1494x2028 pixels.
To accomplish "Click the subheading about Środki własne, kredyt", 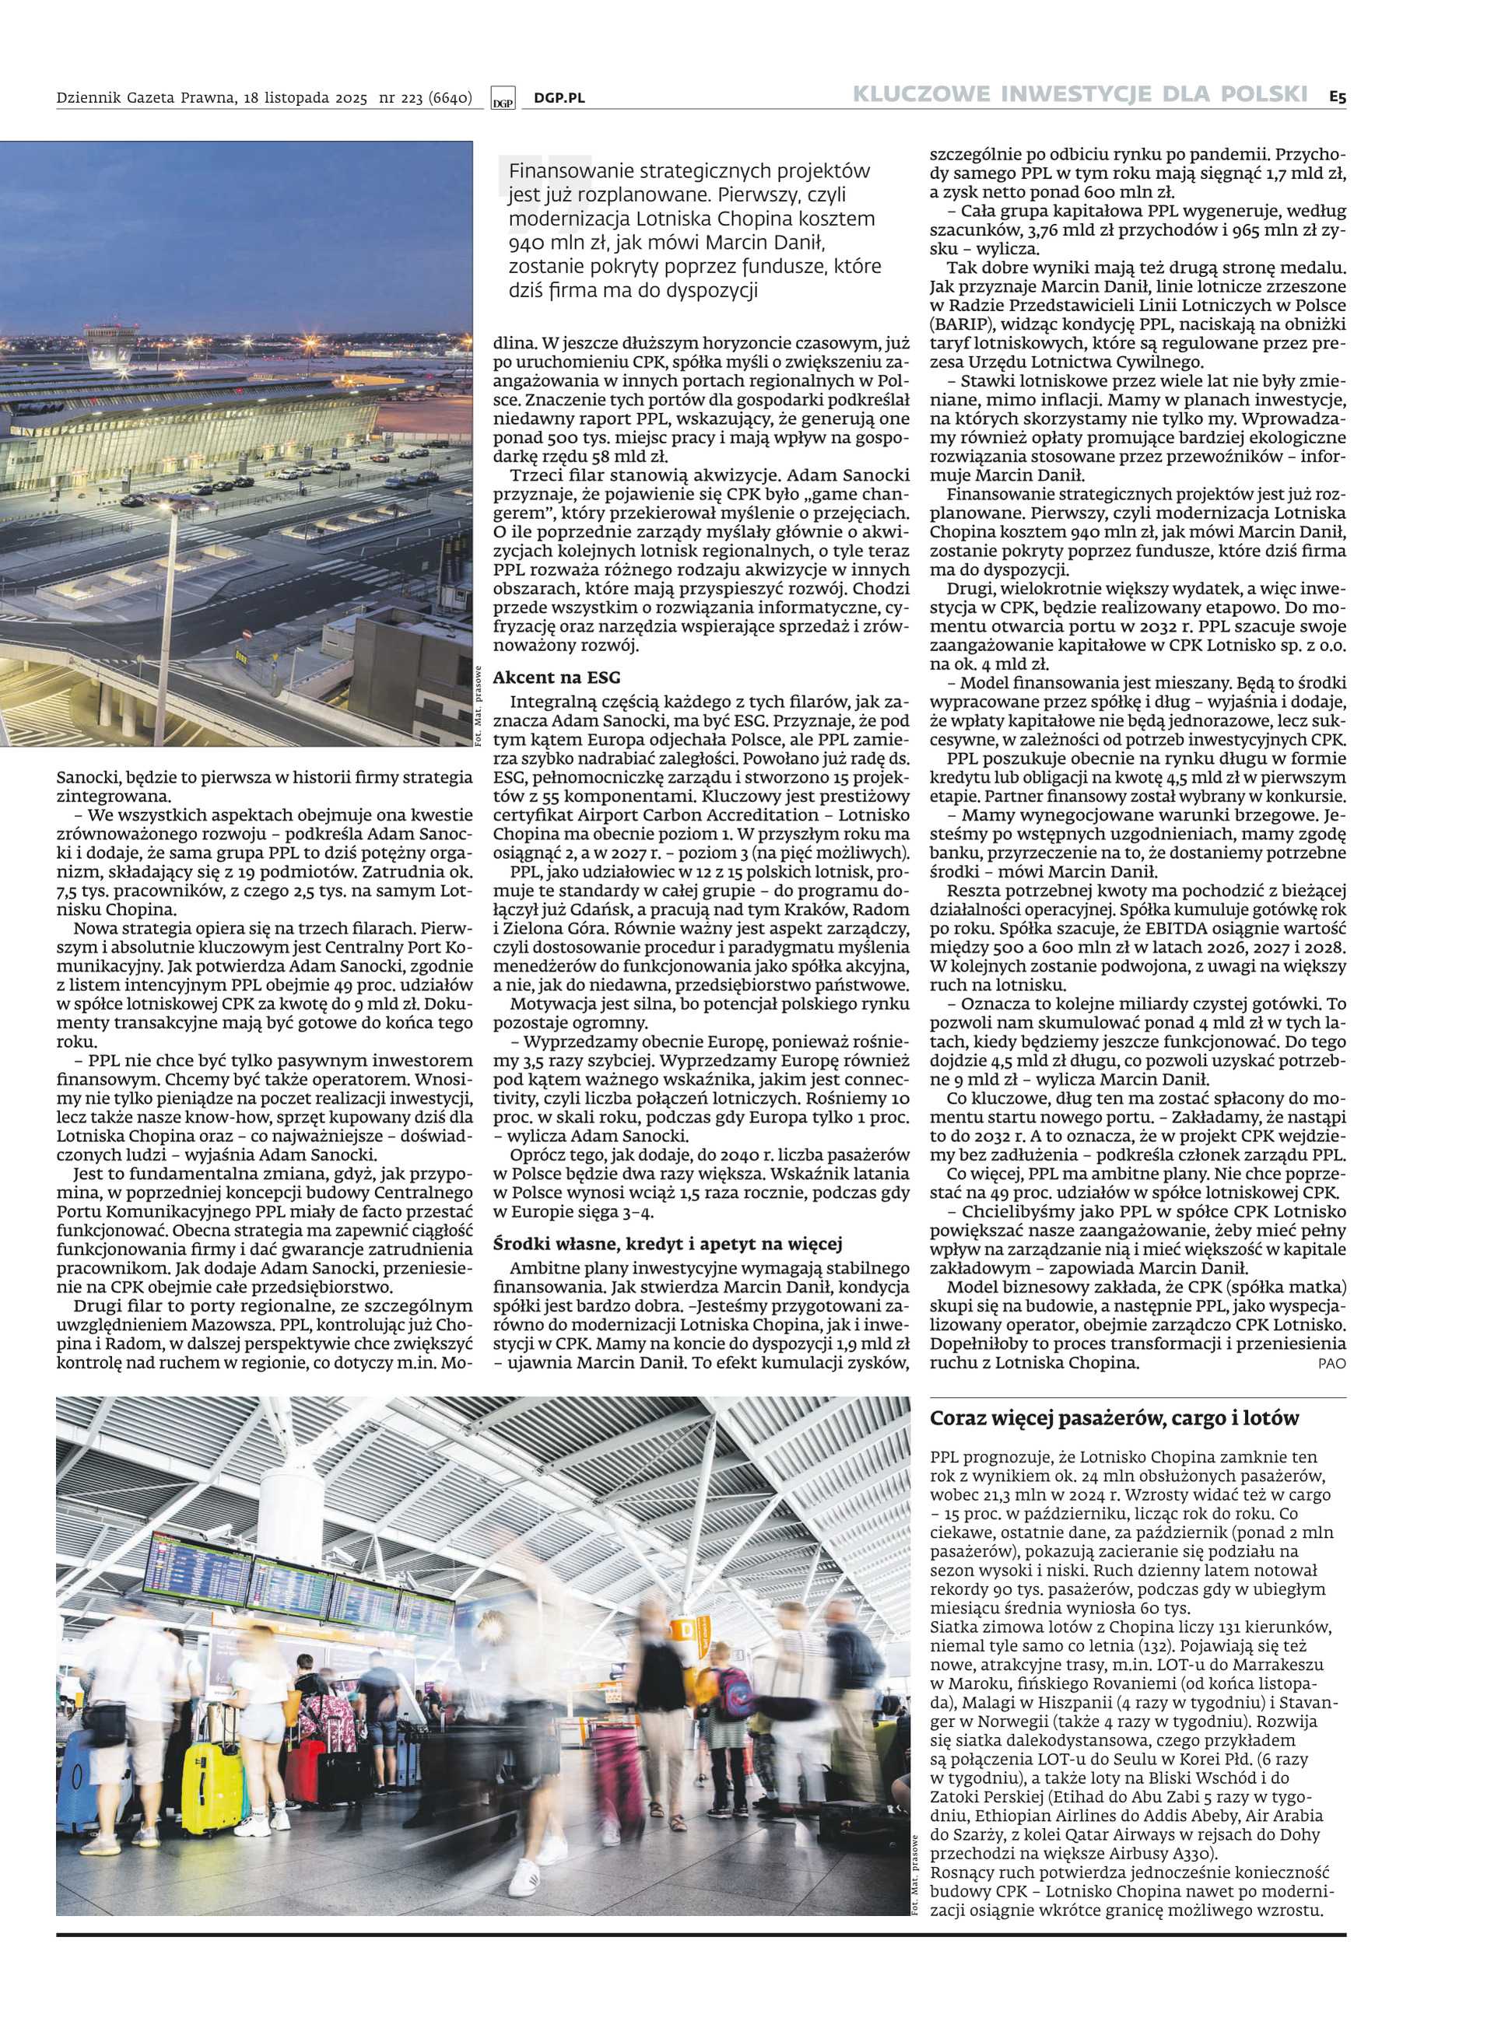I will [668, 1244].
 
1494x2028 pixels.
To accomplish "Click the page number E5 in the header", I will [1338, 95].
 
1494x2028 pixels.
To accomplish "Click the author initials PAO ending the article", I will [1331, 1364].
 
